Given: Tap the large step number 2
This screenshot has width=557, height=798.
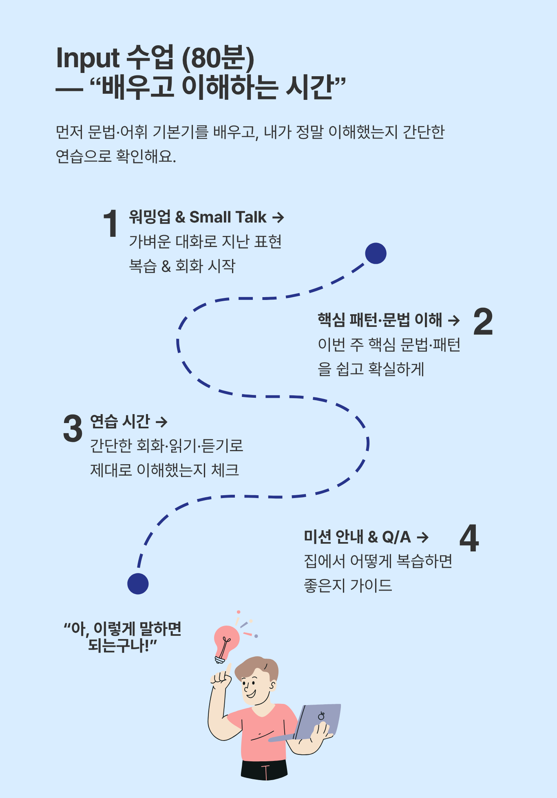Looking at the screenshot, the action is pyautogui.click(x=483, y=322).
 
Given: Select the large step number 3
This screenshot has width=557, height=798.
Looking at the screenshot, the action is pyautogui.click(x=73, y=428).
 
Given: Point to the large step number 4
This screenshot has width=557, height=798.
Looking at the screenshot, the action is pyautogui.click(x=469, y=538).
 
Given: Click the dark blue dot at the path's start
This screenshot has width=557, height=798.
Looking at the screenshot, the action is pyautogui.click(x=376, y=254).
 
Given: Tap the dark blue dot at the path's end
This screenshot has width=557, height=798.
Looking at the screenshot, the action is pyautogui.click(x=138, y=584).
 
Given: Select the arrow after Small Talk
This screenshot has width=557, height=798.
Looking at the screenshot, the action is pyautogui.click(x=278, y=218).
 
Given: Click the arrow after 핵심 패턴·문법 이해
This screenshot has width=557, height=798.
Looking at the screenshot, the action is pyautogui.click(x=453, y=321).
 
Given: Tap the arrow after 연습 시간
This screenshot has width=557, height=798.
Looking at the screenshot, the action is pyautogui.click(x=161, y=422).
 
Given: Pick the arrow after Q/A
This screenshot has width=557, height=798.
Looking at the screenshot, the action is pyautogui.click(x=423, y=538).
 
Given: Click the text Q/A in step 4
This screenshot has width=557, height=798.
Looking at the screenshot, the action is pyautogui.click(x=396, y=537).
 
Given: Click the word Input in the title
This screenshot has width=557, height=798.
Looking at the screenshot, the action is pyautogui.click(x=88, y=58).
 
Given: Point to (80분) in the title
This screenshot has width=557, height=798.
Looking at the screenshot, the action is pyautogui.click(x=218, y=58).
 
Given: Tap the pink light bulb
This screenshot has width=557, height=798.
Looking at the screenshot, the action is pyautogui.click(x=226, y=640).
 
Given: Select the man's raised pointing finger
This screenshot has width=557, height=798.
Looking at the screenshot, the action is pyautogui.click(x=228, y=669).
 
